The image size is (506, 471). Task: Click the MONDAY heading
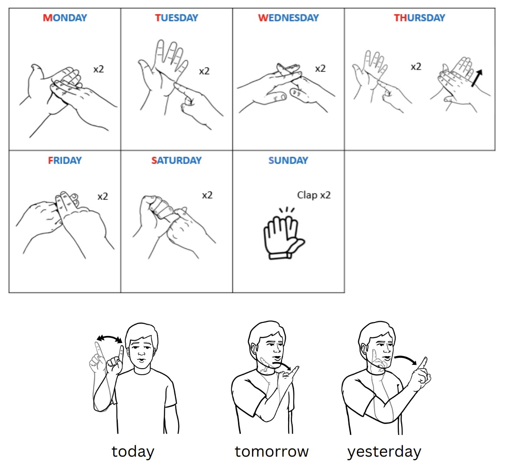65,18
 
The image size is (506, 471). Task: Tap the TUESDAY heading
176,18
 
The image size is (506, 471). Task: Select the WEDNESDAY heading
288,18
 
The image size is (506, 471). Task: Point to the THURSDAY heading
419,18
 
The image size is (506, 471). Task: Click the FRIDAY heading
65,160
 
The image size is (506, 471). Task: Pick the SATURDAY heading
176,160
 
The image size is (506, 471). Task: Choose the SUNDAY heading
288,160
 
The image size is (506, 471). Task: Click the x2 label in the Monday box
98,69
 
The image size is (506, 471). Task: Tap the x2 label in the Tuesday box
204,71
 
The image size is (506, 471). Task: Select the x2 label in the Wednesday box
320,69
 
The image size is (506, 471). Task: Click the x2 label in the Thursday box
416,67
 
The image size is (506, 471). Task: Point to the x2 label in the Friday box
102,196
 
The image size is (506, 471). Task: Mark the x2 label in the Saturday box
207,195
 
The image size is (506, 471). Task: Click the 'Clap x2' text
314,195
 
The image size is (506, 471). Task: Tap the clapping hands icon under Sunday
283,234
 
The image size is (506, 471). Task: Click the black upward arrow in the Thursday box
477,78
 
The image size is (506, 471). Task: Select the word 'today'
133,451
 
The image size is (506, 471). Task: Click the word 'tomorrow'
272,451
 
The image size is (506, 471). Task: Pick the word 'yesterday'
384,452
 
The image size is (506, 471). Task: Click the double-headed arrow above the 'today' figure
110,337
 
